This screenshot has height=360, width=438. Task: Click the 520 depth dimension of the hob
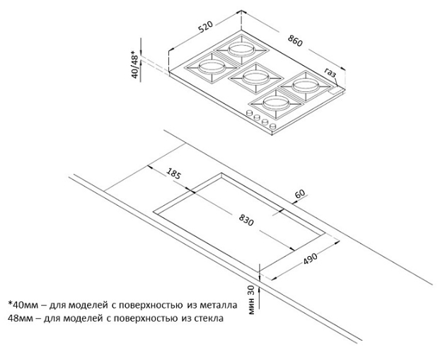tap(205, 26)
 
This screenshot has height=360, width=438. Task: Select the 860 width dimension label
tap(295, 41)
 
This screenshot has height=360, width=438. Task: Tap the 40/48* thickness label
tap(135, 64)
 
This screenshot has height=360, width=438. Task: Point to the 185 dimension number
tap(174, 173)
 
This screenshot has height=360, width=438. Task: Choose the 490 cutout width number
tap(311, 259)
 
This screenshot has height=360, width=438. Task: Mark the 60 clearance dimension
tap(300, 194)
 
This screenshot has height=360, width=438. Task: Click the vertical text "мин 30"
tap(251, 300)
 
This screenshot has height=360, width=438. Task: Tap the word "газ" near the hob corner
tap(330, 73)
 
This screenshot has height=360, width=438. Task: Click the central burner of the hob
tap(255, 76)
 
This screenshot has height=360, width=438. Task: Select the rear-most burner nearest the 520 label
tap(241, 50)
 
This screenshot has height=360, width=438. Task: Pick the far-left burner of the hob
tap(212, 67)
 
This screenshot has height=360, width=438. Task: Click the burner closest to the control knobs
tap(276, 103)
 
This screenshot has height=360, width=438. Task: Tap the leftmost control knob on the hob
tap(248, 113)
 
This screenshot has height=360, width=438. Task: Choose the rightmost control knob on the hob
tap(273, 126)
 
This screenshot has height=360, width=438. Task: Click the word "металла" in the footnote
tap(219, 305)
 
